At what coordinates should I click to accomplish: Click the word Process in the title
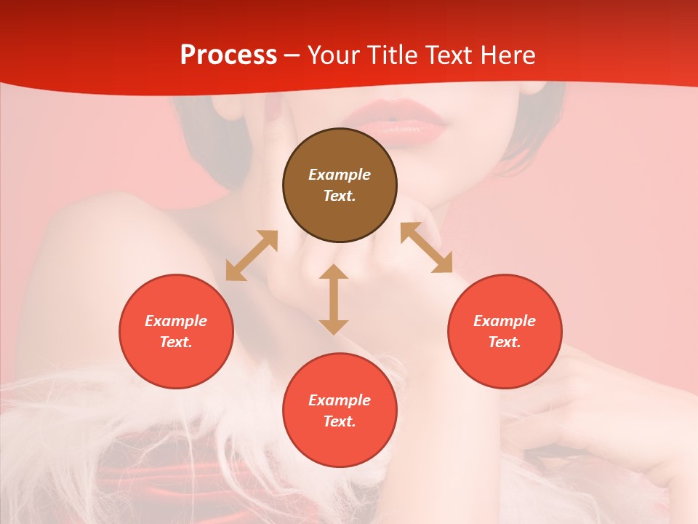[228, 55]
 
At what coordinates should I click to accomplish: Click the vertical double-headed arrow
[334, 299]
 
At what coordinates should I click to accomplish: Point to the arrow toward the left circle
[252, 255]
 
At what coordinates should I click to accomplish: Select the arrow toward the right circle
[427, 247]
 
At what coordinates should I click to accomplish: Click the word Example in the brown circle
[340, 175]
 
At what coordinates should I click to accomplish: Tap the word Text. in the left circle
[176, 342]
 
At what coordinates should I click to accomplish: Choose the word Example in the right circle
[505, 321]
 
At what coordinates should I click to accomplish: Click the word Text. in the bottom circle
[340, 421]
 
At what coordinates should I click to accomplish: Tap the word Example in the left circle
[176, 321]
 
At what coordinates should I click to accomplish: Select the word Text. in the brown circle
[340, 196]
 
